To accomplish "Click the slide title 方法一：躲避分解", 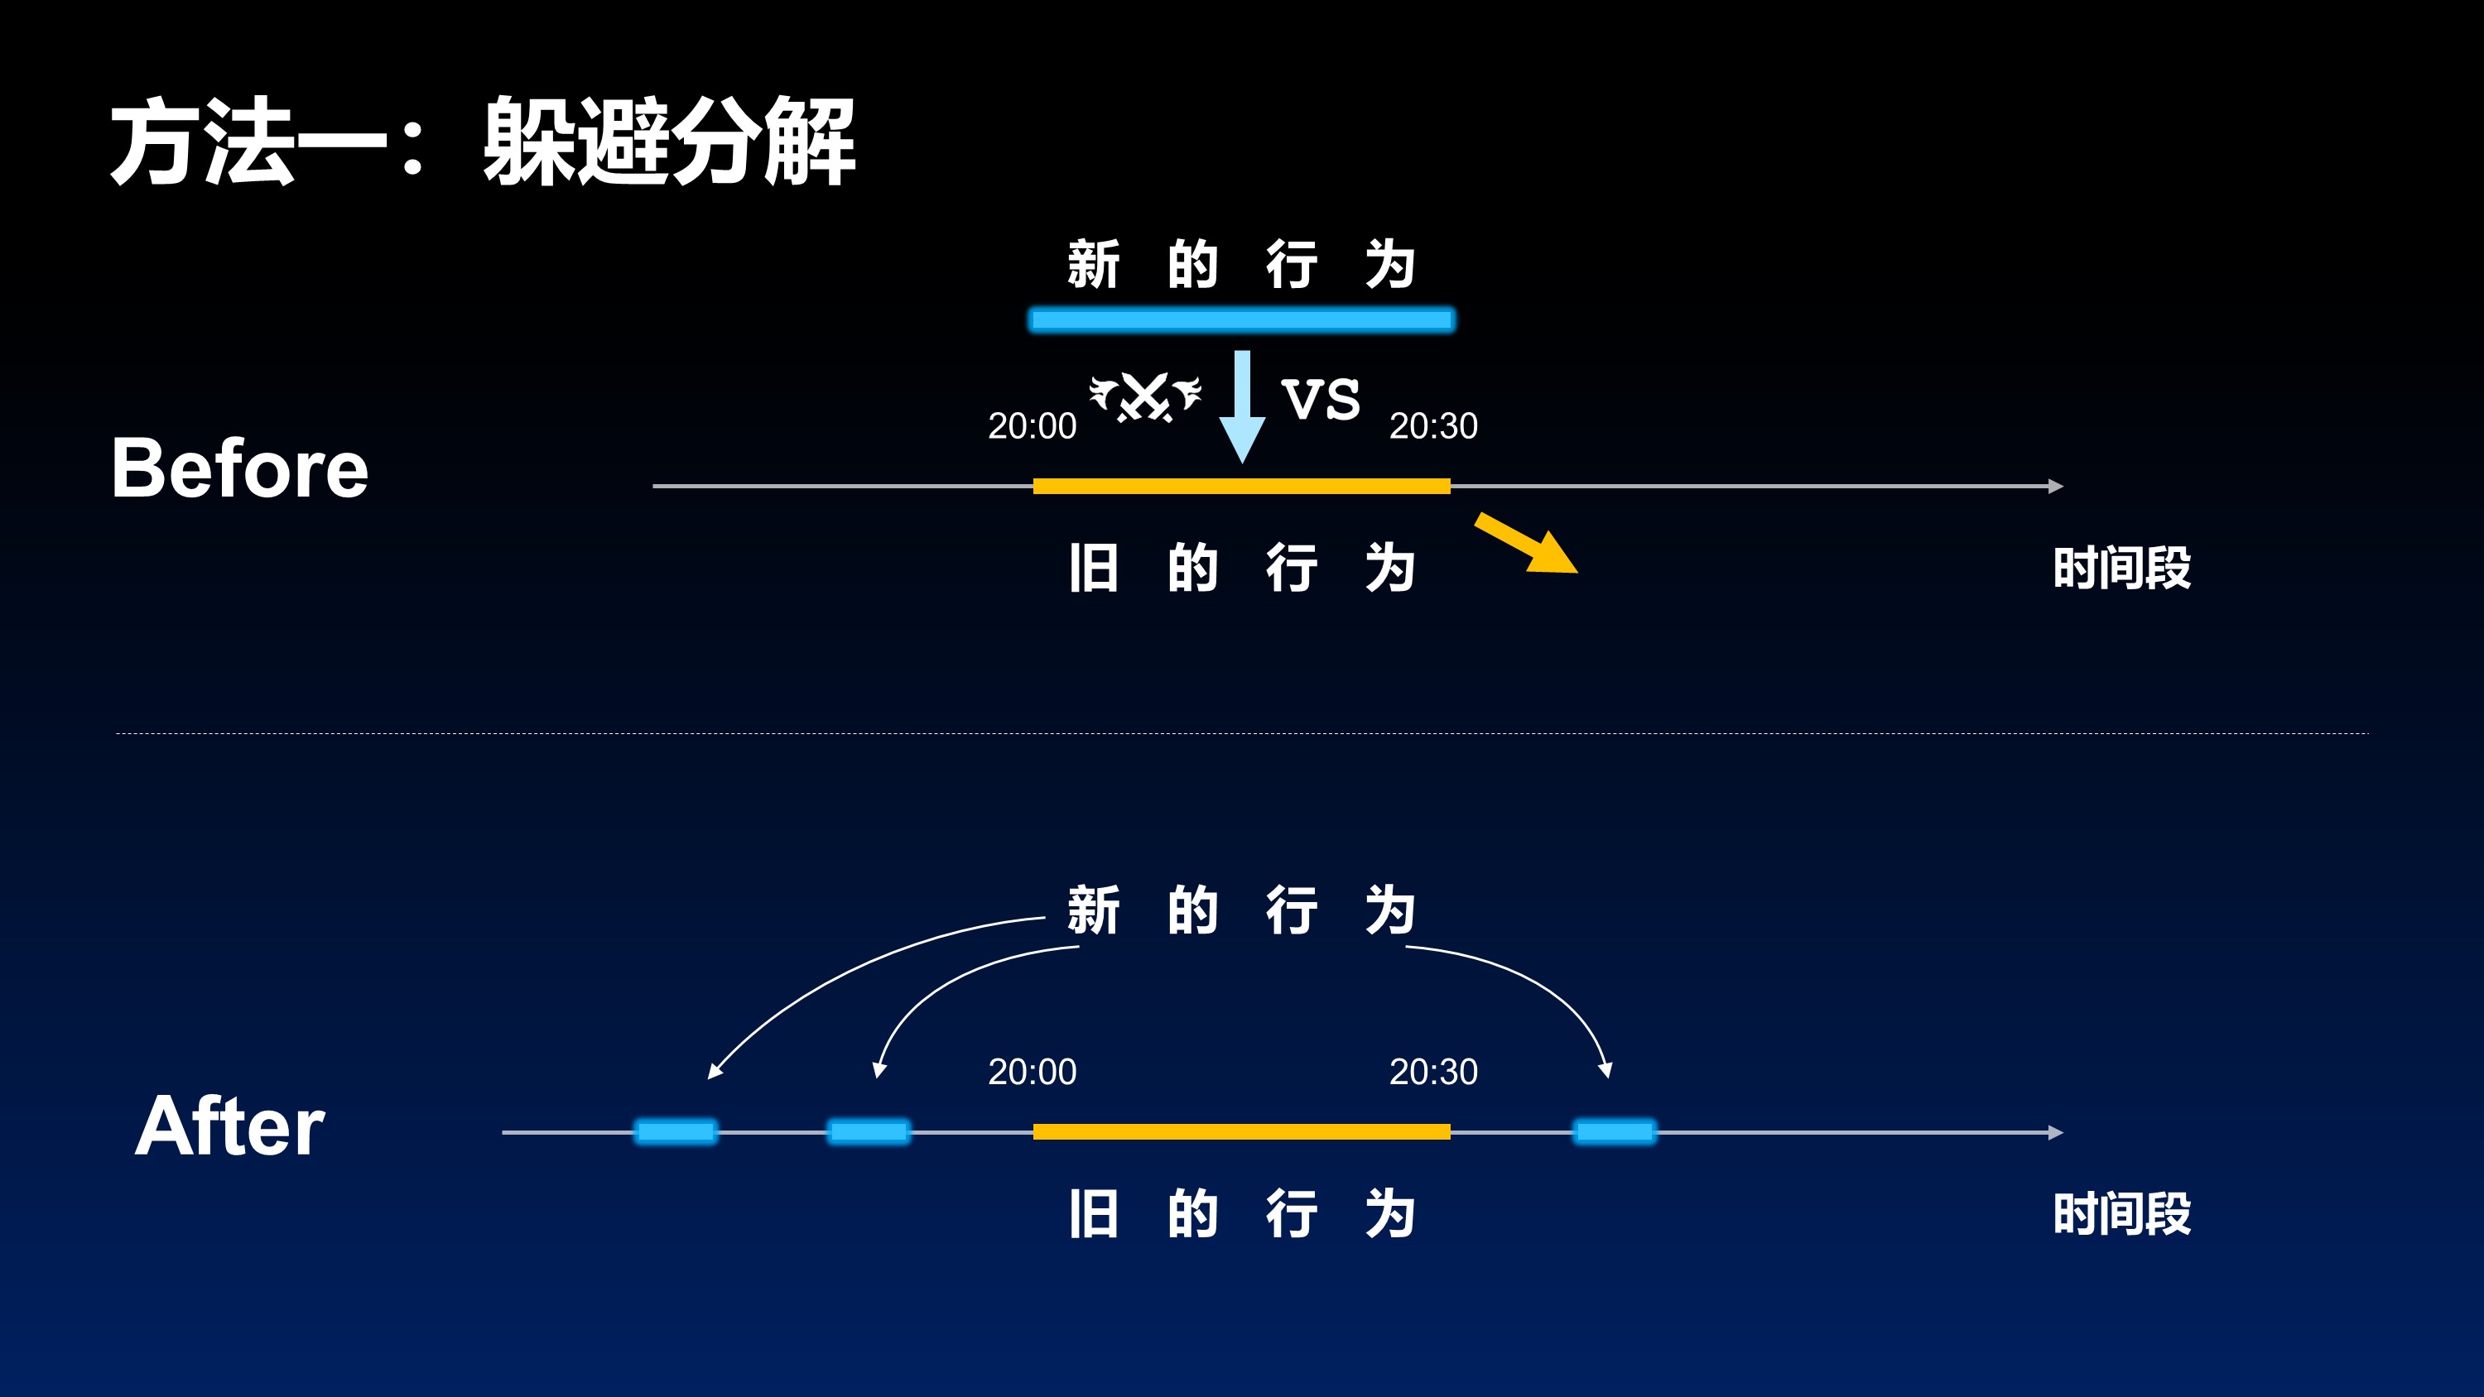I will [x=482, y=142].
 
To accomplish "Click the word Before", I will [x=240, y=468].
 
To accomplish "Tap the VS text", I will [x=1320, y=399].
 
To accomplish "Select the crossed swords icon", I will [x=1146, y=396].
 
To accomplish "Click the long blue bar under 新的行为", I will [x=1242, y=319].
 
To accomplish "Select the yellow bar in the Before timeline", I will [x=1242, y=486].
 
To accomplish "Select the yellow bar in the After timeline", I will [x=1242, y=1132].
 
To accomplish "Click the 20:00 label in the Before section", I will [x=1032, y=426].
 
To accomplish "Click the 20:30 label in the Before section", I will [x=1433, y=426].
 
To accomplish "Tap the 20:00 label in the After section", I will [x=1032, y=1072].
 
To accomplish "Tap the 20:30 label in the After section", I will [x=1433, y=1072].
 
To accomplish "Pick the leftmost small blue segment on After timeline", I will [x=676, y=1131].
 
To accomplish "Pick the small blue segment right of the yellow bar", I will [x=1615, y=1131].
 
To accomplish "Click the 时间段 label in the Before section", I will [x=2121, y=568].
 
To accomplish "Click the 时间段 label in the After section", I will [x=2121, y=1214].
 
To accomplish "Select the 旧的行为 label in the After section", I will [x=1242, y=1214].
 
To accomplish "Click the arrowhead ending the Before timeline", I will [x=2056, y=486].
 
